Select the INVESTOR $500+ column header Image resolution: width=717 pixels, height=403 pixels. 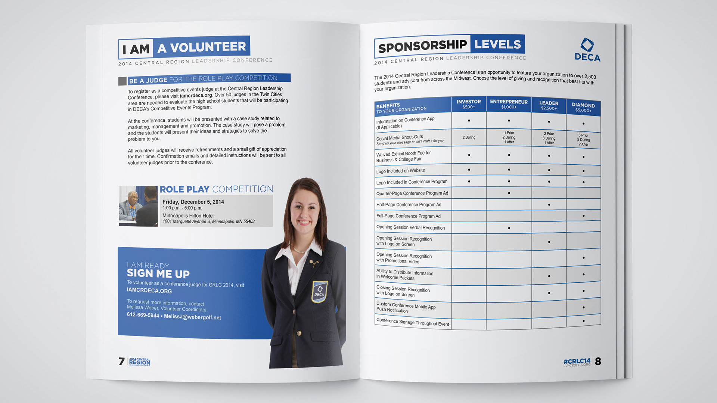(x=469, y=104)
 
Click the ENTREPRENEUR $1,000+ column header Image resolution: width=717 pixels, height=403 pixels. (x=509, y=104)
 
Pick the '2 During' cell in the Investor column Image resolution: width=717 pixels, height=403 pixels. (x=469, y=137)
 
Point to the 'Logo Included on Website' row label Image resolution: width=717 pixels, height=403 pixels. (x=400, y=171)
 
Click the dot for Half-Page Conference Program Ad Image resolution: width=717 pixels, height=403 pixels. (x=549, y=205)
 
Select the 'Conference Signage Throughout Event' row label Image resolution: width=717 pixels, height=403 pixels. (x=412, y=322)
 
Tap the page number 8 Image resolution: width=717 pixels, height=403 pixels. (x=598, y=361)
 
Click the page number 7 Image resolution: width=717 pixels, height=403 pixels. (x=121, y=361)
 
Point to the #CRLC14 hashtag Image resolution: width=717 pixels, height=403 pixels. (x=577, y=361)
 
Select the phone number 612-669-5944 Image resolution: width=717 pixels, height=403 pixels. (x=143, y=315)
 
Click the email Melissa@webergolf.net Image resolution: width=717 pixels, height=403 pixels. (x=192, y=317)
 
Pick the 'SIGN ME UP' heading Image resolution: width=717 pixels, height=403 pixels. (x=158, y=274)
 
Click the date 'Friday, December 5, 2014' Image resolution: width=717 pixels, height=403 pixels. (x=193, y=202)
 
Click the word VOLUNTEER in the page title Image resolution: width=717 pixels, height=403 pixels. (x=208, y=47)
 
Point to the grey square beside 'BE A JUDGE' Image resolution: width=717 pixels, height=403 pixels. (x=122, y=81)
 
